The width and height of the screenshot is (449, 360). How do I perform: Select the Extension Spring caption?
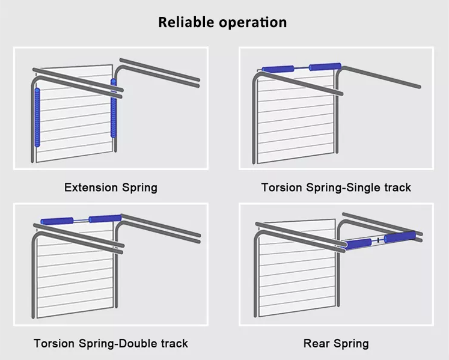pyautogui.click(x=111, y=188)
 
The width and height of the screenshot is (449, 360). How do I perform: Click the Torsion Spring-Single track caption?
pyautogui.click(x=336, y=188)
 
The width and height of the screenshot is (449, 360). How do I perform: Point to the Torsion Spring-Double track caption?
pyautogui.click(x=111, y=344)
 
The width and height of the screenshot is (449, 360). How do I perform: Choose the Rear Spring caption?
pyautogui.click(x=336, y=344)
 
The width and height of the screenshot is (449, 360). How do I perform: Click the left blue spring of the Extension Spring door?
pyautogui.click(x=38, y=117)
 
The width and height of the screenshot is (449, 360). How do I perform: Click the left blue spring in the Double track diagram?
pyautogui.click(x=57, y=221)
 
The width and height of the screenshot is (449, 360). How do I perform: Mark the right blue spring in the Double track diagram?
pyautogui.click(x=105, y=219)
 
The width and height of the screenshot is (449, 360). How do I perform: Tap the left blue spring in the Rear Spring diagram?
pyautogui.click(x=359, y=243)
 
